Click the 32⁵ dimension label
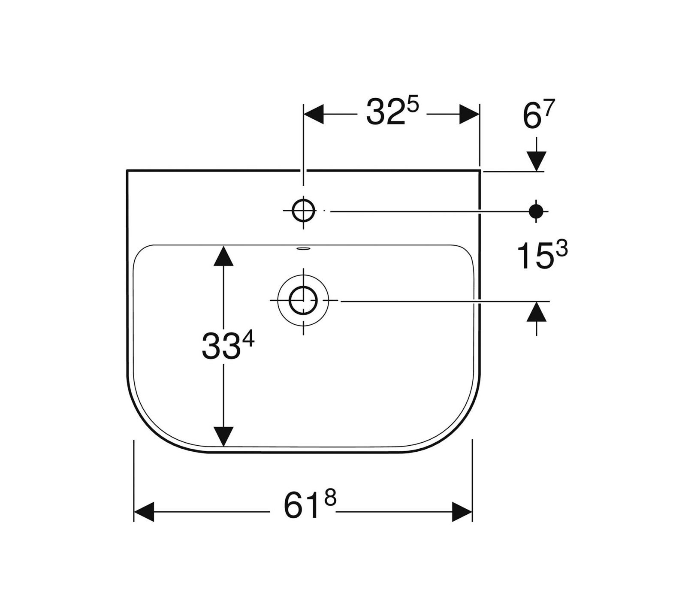point(392,112)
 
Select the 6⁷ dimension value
point(539,115)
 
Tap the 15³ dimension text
point(542,255)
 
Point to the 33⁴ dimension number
point(228,346)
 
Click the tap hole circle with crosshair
point(303,211)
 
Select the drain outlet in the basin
point(303,301)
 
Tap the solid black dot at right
point(536,211)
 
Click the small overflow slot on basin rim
point(303,248)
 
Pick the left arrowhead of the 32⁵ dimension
point(313,114)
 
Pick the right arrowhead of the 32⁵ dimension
point(469,114)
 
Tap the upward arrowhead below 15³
point(536,312)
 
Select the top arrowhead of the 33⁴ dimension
point(223,256)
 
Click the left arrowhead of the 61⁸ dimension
point(144,511)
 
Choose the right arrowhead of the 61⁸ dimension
point(462,511)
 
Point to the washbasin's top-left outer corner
point(127,171)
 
